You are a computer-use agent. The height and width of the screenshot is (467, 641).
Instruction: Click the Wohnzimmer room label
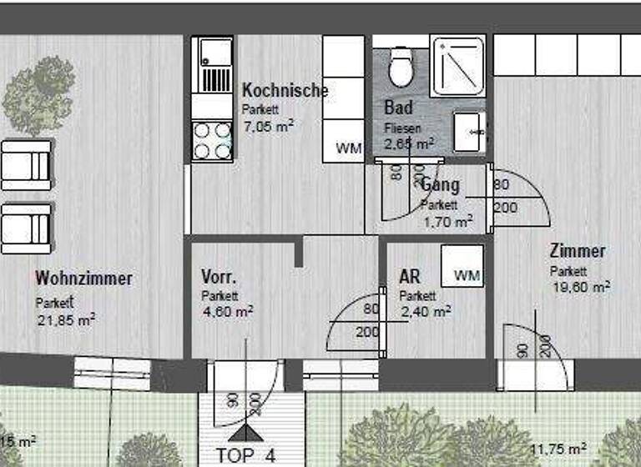click(83, 279)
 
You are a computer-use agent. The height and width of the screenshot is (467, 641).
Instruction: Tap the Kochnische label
click(285, 91)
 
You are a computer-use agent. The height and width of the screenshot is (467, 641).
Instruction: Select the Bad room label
click(398, 108)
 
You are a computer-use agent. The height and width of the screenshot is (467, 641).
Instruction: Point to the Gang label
click(441, 185)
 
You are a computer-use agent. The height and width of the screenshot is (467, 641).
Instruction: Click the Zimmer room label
click(578, 251)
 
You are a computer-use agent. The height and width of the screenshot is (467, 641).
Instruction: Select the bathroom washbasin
click(469, 132)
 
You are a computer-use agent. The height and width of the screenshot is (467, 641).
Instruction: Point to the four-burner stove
click(212, 140)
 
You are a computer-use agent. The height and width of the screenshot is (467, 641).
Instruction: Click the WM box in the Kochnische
click(349, 148)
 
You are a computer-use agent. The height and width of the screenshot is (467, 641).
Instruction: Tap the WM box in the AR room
click(467, 274)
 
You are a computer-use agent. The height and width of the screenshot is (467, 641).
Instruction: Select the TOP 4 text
click(245, 456)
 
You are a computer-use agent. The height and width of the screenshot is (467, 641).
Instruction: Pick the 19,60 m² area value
click(579, 286)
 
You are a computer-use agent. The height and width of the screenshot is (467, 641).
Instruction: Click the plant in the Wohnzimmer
click(38, 98)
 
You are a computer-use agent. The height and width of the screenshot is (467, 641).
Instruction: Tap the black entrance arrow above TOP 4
click(246, 432)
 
